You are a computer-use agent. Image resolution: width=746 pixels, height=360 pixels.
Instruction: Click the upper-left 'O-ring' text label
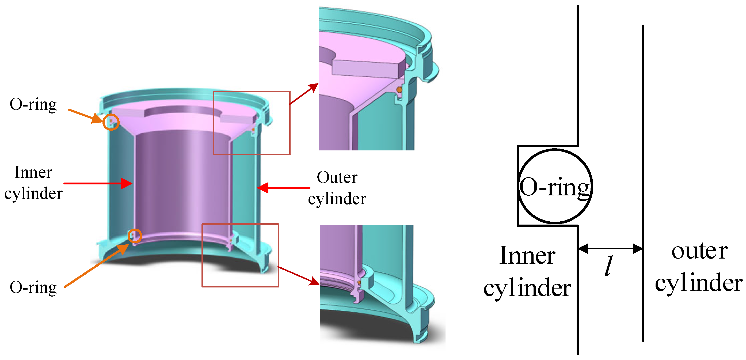pyautogui.click(x=33, y=105)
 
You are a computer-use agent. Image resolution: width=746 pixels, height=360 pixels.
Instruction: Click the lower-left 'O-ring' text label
pyautogui.click(x=33, y=287)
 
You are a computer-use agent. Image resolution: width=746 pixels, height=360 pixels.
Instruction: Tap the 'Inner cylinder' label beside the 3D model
pyautogui.click(x=33, y=183)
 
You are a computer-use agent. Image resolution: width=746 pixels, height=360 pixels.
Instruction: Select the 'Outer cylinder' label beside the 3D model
pyautogui.click(x=337, y=188)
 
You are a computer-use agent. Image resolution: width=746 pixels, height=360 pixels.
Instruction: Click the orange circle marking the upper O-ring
pyautogui.click(x=111, y=122)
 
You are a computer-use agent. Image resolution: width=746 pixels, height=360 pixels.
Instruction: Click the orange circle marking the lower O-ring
pyautogui.click(x=135, y=236)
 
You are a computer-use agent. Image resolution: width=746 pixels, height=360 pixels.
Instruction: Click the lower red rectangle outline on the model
pyautogui.click(x=240, y=224)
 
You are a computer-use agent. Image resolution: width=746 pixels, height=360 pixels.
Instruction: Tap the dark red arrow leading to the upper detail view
pyautogui.click(x=304, y=94)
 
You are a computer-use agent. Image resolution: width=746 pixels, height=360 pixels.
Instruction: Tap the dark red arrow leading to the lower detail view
pyautogui.click(x=298, y=275)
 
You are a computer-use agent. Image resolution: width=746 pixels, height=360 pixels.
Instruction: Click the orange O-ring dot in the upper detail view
pyautogui.click(x=399, y=90)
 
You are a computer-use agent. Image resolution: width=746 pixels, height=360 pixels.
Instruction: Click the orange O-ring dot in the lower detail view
pyautogui.click(x=359, y=282)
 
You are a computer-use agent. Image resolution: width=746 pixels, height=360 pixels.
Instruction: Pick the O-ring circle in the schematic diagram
pyautogui.click(x=555, y=187)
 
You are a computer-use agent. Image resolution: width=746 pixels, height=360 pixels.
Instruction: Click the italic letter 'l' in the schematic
pyautogui.click(x=609, y=266)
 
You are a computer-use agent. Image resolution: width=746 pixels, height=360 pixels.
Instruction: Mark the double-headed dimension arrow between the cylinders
pyautogui.click(x=610, y=248)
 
